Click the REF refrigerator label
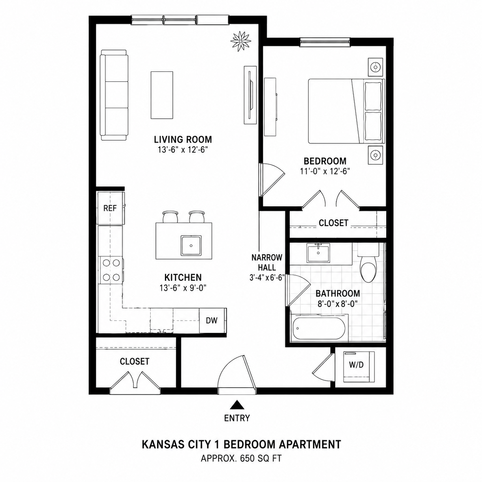coord(110,208)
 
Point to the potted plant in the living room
coord(241,41)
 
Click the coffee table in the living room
coord(161,95)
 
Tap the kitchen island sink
coord(191,245)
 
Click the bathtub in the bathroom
coord(319,328)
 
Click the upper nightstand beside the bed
coord(375,67)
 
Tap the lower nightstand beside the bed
coord(375,155)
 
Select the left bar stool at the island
coord(171,217)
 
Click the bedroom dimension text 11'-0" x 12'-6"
coord(325,171)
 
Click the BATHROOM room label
coord(338,293)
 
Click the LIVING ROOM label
coord(183,139)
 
